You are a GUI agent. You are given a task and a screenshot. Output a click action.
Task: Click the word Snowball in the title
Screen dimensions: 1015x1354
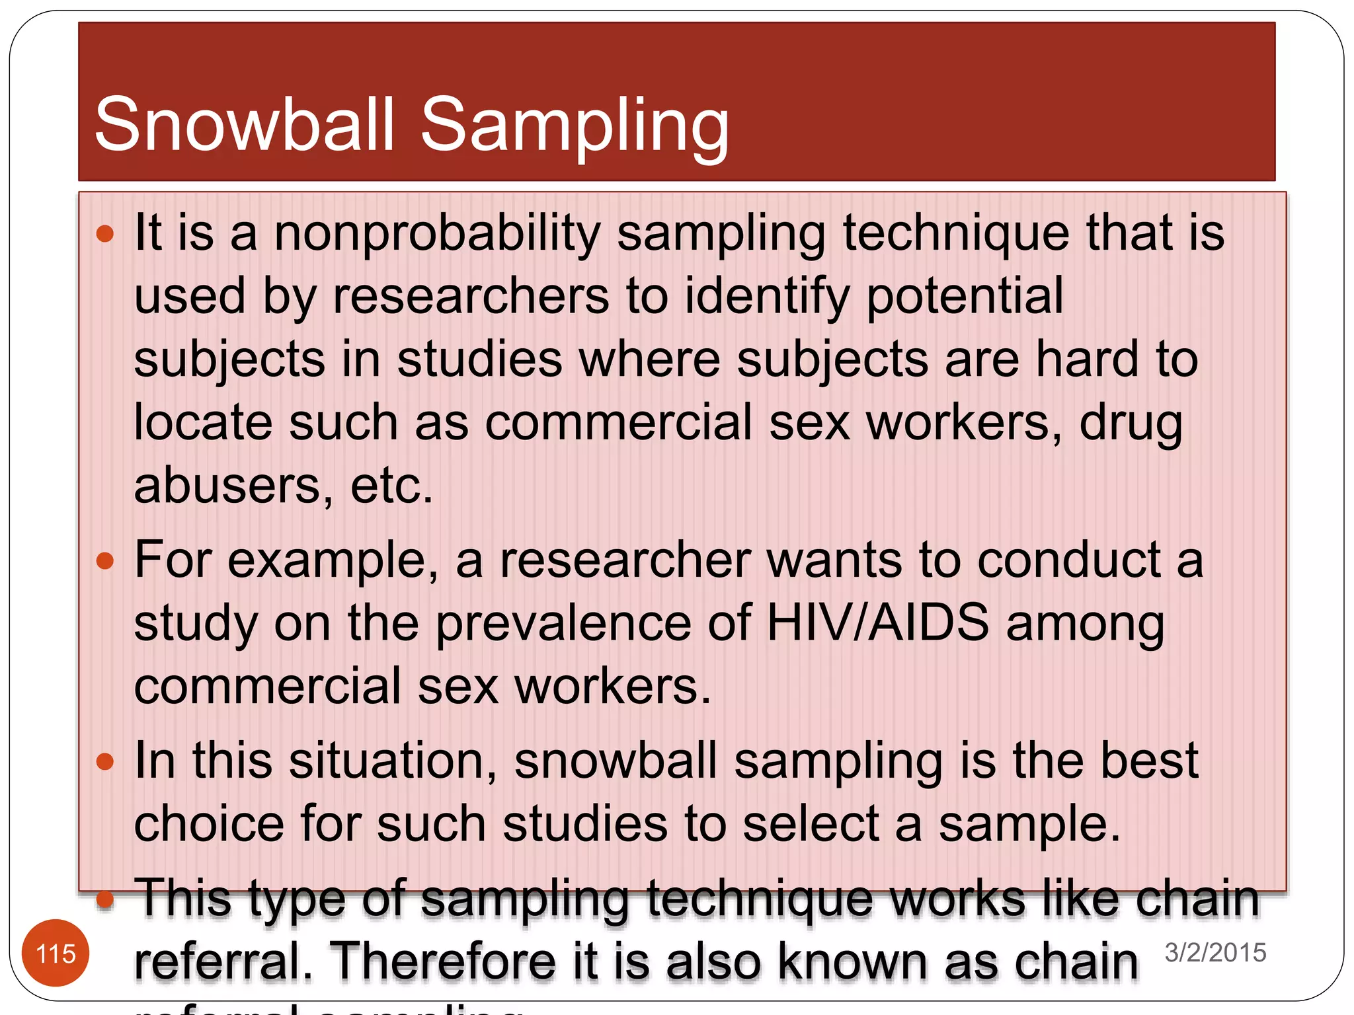tap(245, 124)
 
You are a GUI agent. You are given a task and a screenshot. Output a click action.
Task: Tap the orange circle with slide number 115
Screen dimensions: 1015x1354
tap(56, 954)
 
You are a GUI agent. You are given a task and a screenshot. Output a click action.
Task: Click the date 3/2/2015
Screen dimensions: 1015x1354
tap(1215, 952)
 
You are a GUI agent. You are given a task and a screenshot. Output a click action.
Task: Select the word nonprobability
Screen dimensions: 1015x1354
tap(436, 234)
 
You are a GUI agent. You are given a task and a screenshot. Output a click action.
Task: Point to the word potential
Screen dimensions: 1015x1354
tap(964, 295)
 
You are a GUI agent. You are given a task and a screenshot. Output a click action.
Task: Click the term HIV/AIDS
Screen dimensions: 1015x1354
tap(877, 622)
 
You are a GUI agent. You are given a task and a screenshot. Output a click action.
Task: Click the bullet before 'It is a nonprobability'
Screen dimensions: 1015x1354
tap(105, 233)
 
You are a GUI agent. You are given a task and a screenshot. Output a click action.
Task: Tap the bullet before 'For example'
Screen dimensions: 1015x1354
tap(105, 561)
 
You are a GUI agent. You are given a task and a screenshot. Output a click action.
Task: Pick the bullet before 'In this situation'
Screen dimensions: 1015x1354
tap(105, 762)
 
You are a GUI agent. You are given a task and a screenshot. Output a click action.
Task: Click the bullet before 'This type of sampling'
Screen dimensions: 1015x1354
tap(105, 899)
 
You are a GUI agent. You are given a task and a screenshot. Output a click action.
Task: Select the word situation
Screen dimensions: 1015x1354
tap(392, 761)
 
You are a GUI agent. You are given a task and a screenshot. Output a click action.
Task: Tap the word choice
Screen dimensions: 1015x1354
tap(209, 824)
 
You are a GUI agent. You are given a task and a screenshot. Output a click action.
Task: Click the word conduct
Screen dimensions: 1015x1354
tap(1068, 560)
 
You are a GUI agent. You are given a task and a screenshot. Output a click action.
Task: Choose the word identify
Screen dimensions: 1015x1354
tap(767, 295)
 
